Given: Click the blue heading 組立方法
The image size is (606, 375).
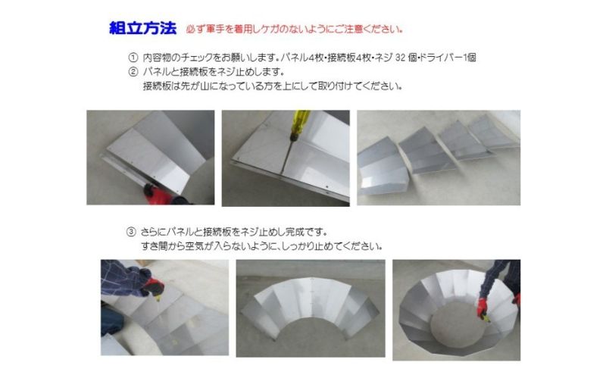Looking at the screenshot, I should pos(142,29).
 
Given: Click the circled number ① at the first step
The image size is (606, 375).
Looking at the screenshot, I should pos(133,58).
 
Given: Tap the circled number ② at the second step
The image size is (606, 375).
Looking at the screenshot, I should pos(133,72).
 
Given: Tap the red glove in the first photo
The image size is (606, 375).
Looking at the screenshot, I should pos(158,194).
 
